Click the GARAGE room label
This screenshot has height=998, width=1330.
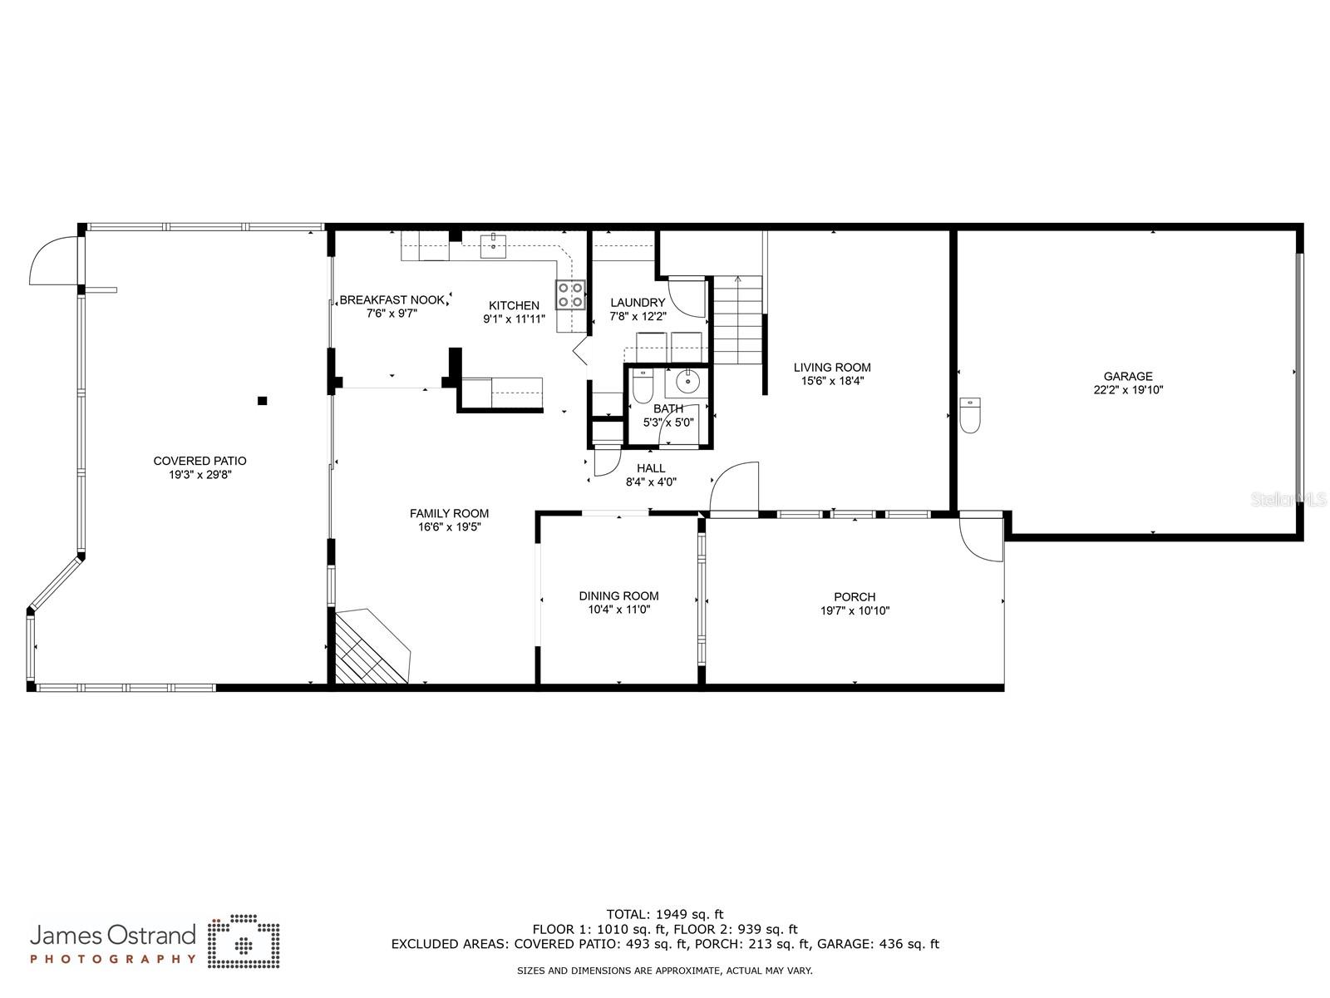pyautogui.click(x=1128, y=376)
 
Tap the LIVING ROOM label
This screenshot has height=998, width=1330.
pyautogui.click(x=832, y=368)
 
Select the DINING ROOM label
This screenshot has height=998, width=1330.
pyautogui.click(x=618, y=595)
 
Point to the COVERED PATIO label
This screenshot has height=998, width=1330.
pyautogui.click(x=199, y=461)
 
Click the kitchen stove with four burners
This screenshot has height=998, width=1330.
pyautogui.click(x=570, y=295)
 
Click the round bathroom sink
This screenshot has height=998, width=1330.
pyautogui.click(x=687, y=383)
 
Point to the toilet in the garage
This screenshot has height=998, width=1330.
pyautogui.click(x=970, y=414)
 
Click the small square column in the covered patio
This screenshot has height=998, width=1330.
pyautogui.click(x=263, y=401)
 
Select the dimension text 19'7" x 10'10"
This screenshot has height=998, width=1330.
pyautogui.click(x=855, y=610)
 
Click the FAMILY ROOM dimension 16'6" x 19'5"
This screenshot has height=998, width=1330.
pyautogui.click(x=449, y=526)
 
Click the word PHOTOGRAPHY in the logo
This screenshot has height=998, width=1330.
pyautogui.click(x=113, y=959)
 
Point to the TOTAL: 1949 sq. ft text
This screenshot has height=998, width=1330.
pyautogui.click(x=665, y=915)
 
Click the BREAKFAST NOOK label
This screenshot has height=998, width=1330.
pyautogui.click(x=392, y=300)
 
